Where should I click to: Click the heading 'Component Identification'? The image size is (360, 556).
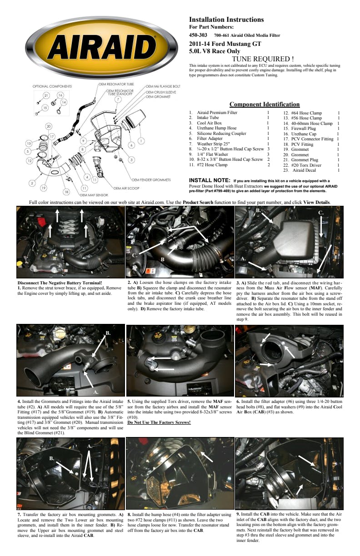pyautogui.click(x=265, y=104)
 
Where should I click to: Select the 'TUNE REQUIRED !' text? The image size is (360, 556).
pyautogui.click(x=263, y=59)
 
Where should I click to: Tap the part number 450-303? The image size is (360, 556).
pyautogui.click(x=198, y=35)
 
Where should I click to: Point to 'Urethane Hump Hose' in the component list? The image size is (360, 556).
pyautogui.click(x=217, y=128)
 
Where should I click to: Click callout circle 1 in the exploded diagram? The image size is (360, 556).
pyautogui.click(x=141, y=141)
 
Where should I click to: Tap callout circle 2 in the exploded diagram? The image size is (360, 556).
pyautogui.click(x=32, y=183)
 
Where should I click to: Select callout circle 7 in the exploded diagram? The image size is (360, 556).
pyautogui.click(x=117, y=99)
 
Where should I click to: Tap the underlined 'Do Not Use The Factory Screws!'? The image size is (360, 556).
pyautogui.click(x=159, y=422)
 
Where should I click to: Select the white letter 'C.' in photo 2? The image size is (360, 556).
pyautogui.click(x=135, y=255)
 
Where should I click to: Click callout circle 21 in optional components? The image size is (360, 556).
pyautogui.click(x=46, y=96)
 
